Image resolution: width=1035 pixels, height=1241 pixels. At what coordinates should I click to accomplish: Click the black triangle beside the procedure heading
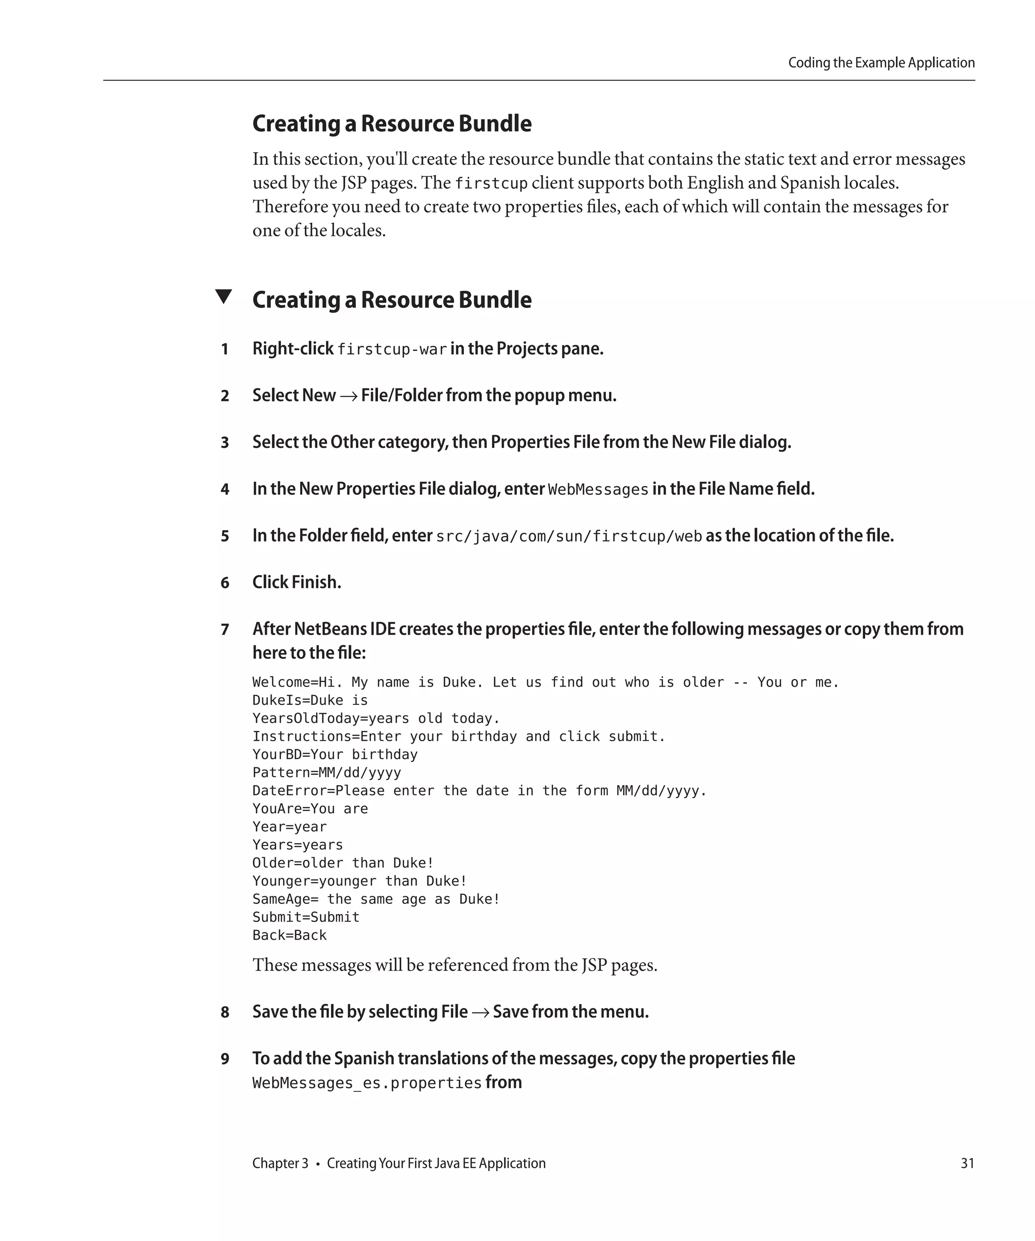pyautogui.click(x=223, y=297)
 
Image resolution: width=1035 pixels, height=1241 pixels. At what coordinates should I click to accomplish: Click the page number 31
pyautogui.click(x=967, y=1163)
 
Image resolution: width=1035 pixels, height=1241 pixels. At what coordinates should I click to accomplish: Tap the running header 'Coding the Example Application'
pyautogui.click(x=881, y=63)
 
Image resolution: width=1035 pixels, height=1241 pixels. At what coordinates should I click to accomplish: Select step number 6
pyautogui.click(x=225, y=583)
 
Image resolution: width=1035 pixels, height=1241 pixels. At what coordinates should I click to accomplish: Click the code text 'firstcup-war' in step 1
pyautogui.click(x=392, y=350)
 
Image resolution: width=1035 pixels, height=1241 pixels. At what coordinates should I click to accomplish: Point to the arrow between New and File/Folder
pyautogui.click(x=348, y=396)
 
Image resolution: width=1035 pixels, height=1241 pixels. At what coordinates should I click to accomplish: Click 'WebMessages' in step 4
pyautogui.click(x=598, y=490)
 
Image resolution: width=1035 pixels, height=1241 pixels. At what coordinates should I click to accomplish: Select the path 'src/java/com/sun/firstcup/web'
pyautogui.click(x=569, y=537)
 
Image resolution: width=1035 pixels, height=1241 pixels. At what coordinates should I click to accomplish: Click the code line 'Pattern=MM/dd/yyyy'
pyautogui.click(x=326, y=772)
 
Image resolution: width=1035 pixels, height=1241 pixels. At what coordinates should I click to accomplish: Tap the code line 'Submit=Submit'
pyautogui.click(x=306, y=917)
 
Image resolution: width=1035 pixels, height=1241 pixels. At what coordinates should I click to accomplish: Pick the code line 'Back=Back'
pyautogui.click(x=289, y=936)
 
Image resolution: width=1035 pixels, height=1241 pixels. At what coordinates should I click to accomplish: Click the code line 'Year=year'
pyautogui.click(x=289, y=826)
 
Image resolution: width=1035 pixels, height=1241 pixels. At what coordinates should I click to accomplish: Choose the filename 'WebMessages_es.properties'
pyautogui.click(x=367, y=1082)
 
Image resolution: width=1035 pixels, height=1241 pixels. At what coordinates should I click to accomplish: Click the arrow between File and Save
pyautogui.click(x=480, y=1012)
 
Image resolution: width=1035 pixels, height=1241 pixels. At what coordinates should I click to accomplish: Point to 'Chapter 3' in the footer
pyautogui.click(x=280, y=1163)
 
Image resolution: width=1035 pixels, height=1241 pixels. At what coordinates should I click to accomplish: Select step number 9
pyautogui.click(x=225, y=1058)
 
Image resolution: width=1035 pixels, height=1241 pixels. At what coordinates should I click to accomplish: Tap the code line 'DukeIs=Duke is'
pyautogui.click(x=310, y=700)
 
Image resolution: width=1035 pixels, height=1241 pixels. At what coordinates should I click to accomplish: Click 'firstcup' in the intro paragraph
pyautogui.click(x=491, y=184)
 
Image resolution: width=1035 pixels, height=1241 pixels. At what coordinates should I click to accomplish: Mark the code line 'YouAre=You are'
pyautogui.click(x=310, y=808)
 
